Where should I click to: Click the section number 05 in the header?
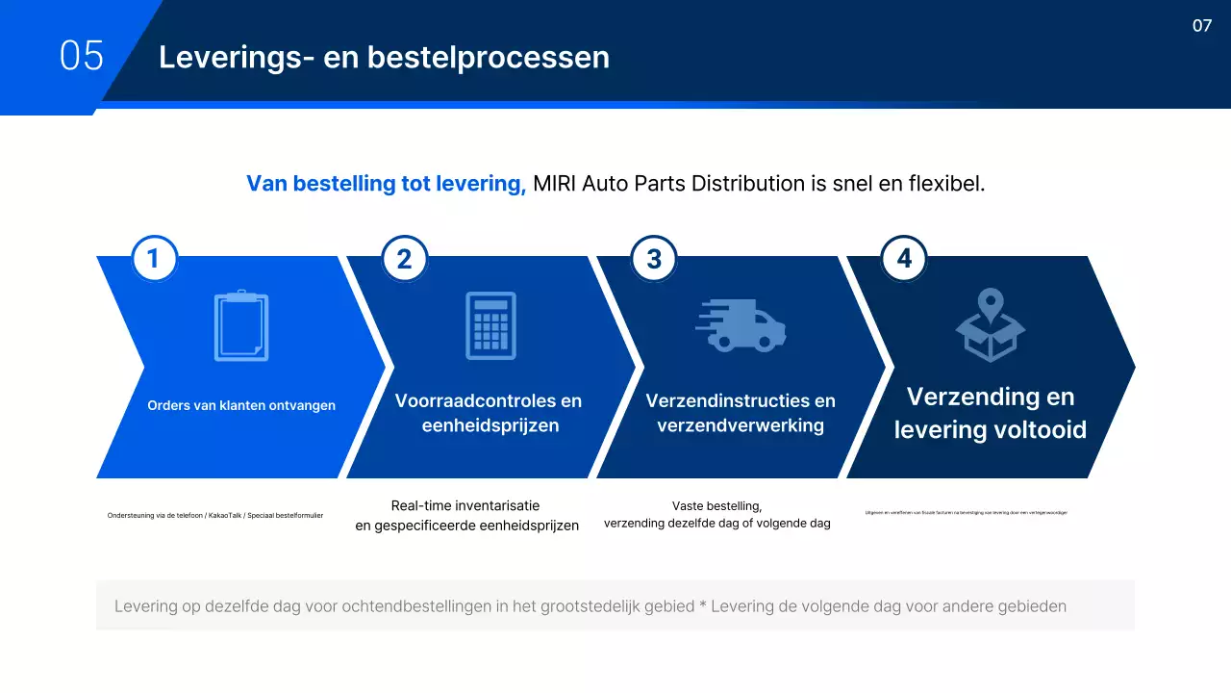[81, 56]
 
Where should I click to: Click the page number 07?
[1202, 26]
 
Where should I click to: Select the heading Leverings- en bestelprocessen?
[384, 58]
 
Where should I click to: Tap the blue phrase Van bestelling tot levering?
[386, 183]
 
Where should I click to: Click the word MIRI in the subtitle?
[557, 183]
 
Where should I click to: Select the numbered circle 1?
[155, 259]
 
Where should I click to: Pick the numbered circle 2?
[405, 259]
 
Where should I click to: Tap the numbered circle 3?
[654, 259]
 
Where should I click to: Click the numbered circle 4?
[904, 259]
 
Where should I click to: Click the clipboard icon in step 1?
[240, 326]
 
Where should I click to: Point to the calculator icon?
[490, 326]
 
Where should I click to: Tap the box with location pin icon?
[991, 326]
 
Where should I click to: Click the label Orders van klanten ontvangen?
[241, 405]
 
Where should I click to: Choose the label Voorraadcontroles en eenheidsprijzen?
[489, 413]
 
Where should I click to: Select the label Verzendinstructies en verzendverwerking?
[741, 413]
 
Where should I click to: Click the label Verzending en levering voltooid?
[991, 413]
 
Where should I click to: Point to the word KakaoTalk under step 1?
[226, 516]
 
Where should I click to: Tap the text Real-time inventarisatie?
[465, 505]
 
